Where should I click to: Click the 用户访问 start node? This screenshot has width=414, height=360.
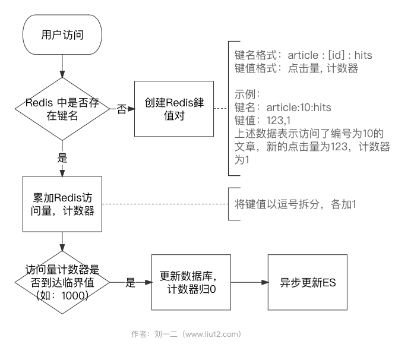click(x=62, y=34)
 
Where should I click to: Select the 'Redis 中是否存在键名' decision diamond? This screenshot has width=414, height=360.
click(x=62, y=109)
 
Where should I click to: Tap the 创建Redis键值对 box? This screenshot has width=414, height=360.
click(x=174, y=109)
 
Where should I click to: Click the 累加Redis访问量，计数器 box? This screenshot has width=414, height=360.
click(x=62, y=204)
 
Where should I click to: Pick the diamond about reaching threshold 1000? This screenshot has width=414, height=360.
click(x=62, y=282)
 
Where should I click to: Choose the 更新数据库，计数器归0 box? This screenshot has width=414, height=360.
click(x=191, y=282)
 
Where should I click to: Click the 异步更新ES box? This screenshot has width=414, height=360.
click(x=308, y=282)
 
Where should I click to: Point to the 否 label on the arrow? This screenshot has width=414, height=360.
click(x=122, y=109)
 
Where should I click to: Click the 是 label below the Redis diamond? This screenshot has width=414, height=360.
click(x=62, y=158)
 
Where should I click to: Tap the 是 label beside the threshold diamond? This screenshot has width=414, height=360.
click(x=130, y=282)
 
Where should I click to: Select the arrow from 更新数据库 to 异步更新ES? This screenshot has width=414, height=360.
click(x=250, y=282)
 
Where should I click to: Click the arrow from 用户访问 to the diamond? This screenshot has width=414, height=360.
click(x=62, y=67)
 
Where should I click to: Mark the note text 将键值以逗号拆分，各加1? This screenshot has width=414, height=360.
click(x=295, y=204)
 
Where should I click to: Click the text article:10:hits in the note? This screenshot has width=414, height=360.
click(x=299, y=108)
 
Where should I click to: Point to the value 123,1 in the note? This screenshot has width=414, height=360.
click(x=279, y=121)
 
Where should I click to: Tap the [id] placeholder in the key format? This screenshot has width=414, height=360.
click(x=336, y=55)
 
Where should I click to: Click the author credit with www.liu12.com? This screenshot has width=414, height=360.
click(x=187, y=334)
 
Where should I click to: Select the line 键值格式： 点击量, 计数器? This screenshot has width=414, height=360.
click(x=296, y=68)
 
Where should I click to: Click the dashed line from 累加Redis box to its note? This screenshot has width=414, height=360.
click(x=165, y=204)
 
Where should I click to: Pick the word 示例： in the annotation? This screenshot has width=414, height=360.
click(x=248, y=94)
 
